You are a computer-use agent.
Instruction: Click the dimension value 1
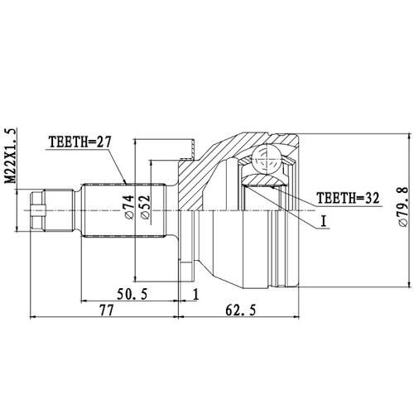point(195,295)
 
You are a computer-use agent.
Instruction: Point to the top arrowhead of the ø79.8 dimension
point(407,136)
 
